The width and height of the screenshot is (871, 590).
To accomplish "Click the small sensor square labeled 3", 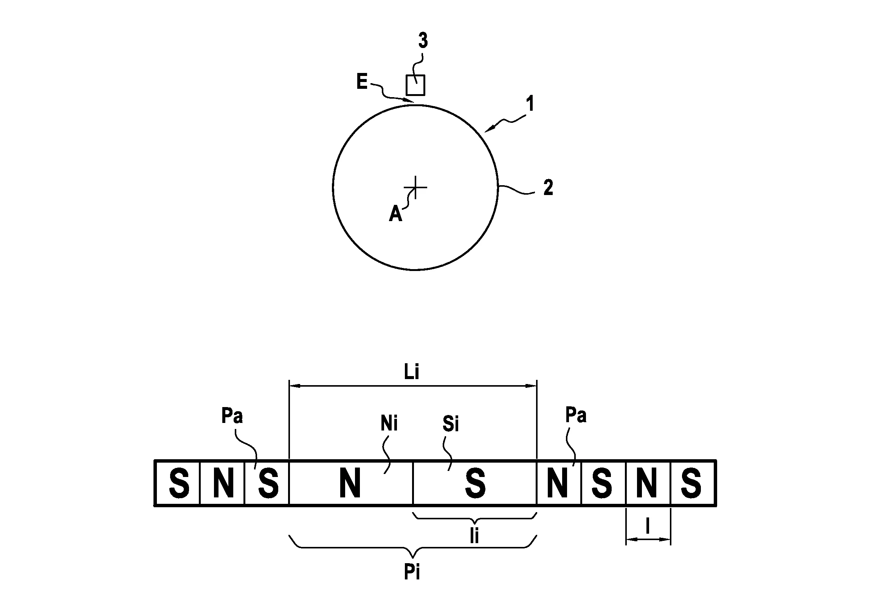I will tap(415, 85).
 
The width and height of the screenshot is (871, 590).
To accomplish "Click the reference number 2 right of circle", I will tap(548, 188).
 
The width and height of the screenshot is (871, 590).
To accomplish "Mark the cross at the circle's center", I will tap(415, 187).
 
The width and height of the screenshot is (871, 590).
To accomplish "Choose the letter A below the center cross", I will tap(395, 215).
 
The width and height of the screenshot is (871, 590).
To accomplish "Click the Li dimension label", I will tap(412, 373).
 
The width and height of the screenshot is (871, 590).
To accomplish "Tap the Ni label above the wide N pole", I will tap(389, 424).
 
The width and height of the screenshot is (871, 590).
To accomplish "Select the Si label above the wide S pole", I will tap(451, 424).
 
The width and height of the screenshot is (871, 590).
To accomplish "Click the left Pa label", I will tap(232, 416).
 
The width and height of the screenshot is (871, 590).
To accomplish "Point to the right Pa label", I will tap(576, 415).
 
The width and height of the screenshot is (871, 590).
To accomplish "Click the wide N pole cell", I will tap(350, 483).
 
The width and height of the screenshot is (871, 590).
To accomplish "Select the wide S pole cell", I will tap(475, 483).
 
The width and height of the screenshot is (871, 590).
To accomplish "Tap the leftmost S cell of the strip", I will tap(178, 483).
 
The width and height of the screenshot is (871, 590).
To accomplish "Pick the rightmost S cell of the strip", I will tap(692, 483).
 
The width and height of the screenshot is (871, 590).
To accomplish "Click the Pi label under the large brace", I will tap(412, 573).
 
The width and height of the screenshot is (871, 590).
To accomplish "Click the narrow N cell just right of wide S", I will tap(558, 483).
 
